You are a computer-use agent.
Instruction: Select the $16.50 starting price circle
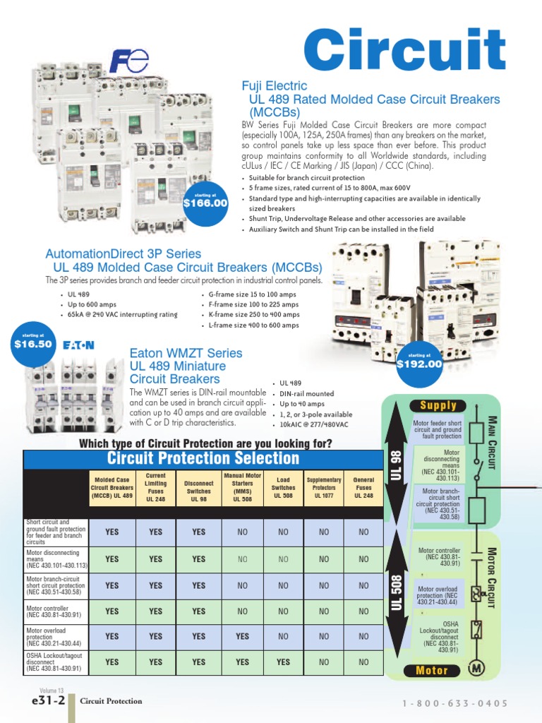(33, 342)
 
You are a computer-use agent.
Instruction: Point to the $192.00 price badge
(419, 362)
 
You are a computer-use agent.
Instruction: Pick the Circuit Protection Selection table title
(193, 458)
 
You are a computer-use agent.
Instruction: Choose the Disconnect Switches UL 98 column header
(199, 487)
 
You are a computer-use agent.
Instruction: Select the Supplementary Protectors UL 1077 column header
(324, 487)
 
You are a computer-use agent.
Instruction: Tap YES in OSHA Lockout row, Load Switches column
(283, 662)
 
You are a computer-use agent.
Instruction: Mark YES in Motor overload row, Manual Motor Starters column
(242, 636)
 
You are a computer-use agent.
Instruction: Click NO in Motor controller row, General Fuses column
(363, 611)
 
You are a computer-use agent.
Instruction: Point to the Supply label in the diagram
(438, 406)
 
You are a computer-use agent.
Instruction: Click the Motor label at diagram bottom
(432, 670)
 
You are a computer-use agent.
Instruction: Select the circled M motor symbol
(477, 668)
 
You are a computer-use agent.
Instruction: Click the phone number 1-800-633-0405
(455, 703)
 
